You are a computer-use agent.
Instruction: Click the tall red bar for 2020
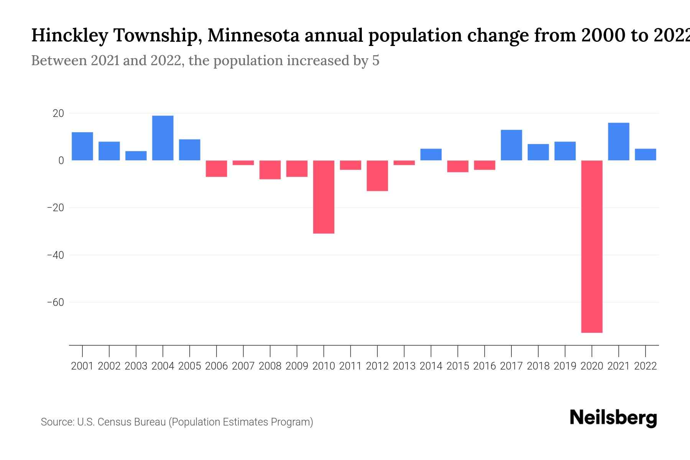(x=592, y=246)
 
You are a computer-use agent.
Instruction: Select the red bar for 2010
(x=324, y=197)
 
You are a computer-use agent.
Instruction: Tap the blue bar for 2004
(x=163, y=138)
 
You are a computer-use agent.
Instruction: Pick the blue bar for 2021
(x=618, y=141)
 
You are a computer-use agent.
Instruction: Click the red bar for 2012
(x=377, y=176)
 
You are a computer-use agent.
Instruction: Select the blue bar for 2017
(x=511, y=145)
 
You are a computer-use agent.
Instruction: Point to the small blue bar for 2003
(x=136, y=156)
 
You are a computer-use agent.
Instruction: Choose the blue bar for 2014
(x=431, y=154)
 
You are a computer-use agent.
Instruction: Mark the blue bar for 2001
(x=82, y=146)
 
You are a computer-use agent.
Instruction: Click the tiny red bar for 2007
(x=243, y=163)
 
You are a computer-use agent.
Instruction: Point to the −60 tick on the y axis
(x=55, y=302)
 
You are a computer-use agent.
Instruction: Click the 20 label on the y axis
(x=58, y=113)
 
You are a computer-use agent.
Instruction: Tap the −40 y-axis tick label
(x=55, y=255)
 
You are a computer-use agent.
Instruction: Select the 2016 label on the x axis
(x=485, y=366)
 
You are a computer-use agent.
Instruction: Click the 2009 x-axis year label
(x=297, y=366)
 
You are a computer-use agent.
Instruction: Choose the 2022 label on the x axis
(x=646, y=366)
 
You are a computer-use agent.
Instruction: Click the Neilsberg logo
(x=613, y=418)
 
